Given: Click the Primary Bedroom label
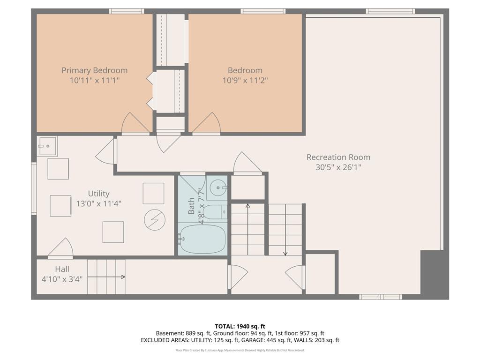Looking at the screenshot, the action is (x=95, y=70).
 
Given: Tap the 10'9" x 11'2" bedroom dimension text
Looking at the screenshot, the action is (x=245, y=81).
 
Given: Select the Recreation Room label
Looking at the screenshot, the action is (x=338, y=157).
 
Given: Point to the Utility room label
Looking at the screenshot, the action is (x=98, y=194).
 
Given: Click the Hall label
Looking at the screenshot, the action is (x=62, y=269).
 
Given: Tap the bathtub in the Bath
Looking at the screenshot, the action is (x=202, y=239).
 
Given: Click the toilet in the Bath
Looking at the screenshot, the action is (x=215, y=212).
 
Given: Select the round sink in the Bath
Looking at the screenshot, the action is (x=217, y=187).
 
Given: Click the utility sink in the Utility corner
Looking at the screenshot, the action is (x=47, y=146).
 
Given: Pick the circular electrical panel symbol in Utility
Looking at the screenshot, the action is (x=155, y=220).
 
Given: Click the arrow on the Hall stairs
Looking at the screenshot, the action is (x=106, y=277).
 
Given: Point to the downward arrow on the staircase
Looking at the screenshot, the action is (x=285, y=230).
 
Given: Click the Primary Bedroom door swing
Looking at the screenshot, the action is (x=135, y=123).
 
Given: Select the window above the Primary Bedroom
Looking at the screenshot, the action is (x=127, y=11).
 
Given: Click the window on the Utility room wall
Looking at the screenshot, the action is (x=34, y=188).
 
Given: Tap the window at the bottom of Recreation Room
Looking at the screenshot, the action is (x=381, y=297).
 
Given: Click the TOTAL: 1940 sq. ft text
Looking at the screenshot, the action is (x=240, y=326).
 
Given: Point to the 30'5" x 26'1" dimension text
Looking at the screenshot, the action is (x=338, y=167).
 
